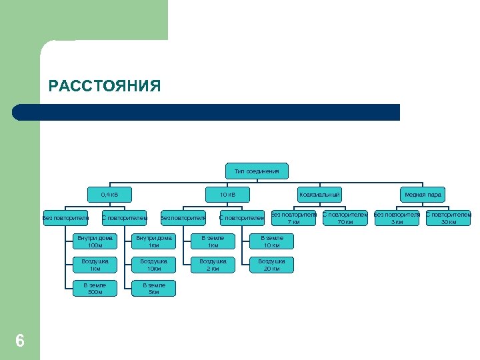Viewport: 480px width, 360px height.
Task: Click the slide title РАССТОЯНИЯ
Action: pyautogui.click(x=105, y=87)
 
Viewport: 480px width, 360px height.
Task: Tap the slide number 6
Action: pyautogui.click(x=20, y=341)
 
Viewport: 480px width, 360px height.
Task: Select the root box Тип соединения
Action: pyautogui.click(x=257, y=171)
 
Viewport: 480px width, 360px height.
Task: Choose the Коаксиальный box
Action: pyautogui.click(x=320, y=195)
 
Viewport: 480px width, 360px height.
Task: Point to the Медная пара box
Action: pyautogui.click(x=423, y=195)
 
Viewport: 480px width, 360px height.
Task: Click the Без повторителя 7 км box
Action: pyautogui.click(x=293, y=218)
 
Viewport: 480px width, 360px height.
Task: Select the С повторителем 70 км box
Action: pyautogui.click(x=345, y=218)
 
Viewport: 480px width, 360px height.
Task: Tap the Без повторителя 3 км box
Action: pyautogui.click(x=397, y=218)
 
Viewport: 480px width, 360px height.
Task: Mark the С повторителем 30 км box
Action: pyautogui.click(x=449, y=218)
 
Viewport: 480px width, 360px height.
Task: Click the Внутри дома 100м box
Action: pyautogui.click(x=95, y=241)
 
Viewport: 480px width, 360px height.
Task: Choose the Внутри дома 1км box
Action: pyautogui.click(x=154, y=241)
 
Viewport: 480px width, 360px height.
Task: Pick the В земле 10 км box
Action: pyautogui.click(x=271, y=241)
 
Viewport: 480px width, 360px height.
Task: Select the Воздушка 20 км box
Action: pyautogui.click(x=271, y=265)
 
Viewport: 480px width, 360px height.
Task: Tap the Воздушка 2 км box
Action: pyautogui.click(x=213, y=265)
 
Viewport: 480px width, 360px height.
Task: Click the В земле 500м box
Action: pyautogui.click(x=95, y=288)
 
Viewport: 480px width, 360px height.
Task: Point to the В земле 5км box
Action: pyautogui.click(x=154, y=288)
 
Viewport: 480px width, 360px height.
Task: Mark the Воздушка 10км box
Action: pyautogui.click(x=154, y=265)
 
